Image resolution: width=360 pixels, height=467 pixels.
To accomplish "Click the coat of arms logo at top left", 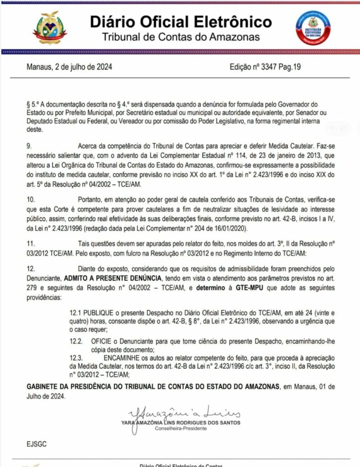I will click(x=50, y=28).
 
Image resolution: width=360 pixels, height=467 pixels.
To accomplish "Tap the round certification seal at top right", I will click(x=313, y=28).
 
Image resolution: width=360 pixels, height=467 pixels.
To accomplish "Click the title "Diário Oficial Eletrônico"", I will click(x=180, y=21).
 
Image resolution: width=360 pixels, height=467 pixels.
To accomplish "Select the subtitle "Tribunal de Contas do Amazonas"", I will click(x=180, y=37).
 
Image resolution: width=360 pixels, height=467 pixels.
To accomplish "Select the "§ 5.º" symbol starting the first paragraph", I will click(x=33, y=104).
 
